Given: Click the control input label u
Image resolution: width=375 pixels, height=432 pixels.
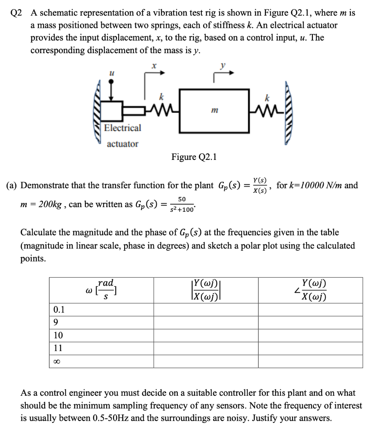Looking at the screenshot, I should click(x=111, y=73).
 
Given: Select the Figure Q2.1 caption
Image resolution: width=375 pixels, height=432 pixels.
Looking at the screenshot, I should click(x=194, y=157).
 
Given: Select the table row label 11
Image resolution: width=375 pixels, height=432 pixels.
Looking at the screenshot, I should click(x=58, y=348).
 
